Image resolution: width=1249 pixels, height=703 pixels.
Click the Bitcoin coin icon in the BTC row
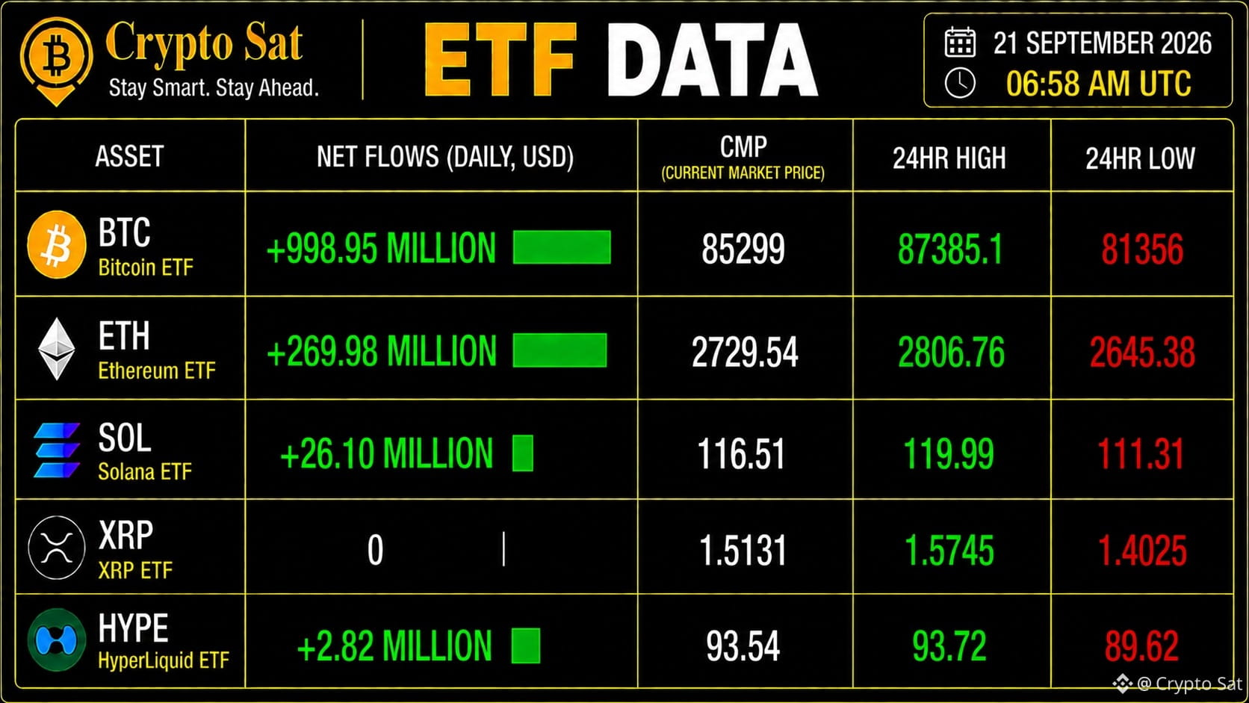click(x=57, y=244)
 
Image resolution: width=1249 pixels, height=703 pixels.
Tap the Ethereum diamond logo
click(x=56, y=349)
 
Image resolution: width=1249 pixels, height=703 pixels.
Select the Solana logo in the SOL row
click(x=56, y=450)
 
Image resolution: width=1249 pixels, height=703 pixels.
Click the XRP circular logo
click(x=56, y=548)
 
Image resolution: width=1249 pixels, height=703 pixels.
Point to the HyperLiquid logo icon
click(x=56, y=639)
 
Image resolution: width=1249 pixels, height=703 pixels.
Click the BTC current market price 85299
click(x=743, y=249)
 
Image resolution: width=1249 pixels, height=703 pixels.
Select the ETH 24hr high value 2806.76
click(x=951, y=352)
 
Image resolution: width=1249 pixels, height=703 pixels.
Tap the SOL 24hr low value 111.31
click(x=1140, y=453)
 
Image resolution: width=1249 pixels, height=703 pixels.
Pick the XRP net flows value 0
click(x=375, y=551)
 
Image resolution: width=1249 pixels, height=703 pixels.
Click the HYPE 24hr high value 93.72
click(x=949, y=646)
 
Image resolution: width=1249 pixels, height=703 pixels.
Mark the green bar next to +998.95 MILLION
click(x=562, y=247)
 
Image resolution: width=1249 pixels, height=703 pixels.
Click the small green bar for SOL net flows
click(x=522, y=453)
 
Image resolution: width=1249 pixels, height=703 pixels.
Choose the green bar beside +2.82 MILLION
click(x=526, y=645)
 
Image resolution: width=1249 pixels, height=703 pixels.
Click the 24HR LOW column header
click(x=1140, y=158)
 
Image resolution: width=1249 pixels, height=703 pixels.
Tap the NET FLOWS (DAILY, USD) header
click(x=445, y=157)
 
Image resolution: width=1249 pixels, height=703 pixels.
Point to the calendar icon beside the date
click(x=960, y=42)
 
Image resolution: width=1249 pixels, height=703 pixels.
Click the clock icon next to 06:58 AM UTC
click(x=960, y=84)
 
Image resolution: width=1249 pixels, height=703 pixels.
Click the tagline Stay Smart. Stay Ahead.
click(x=214, y=87)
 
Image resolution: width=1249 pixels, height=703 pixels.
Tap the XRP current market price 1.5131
click(x=743, y=551)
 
